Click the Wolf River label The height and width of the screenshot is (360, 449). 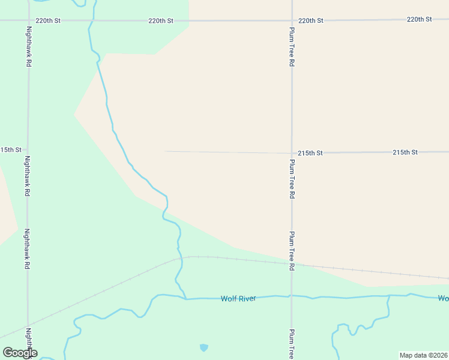[x=238, y=298]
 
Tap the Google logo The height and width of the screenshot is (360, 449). [x=20, y=353]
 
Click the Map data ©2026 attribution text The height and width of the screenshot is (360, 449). [x=423, y=355]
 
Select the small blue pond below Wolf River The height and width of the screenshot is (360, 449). [x=204, y=347]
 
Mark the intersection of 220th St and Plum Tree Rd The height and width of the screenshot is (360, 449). [x=292, y=20]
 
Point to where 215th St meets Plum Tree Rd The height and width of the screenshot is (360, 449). [x=292, y=153]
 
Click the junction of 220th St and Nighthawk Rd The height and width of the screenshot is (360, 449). [x=28, y=20]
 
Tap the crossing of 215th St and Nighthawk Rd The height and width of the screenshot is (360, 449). [x=28, y=149]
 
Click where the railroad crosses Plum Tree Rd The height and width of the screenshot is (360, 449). [x=292, y=264]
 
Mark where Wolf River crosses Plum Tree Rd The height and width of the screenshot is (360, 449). [x=292, y=296]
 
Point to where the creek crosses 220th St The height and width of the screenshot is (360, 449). [x=91, y=20]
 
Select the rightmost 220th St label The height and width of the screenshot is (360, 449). [x=419, y=19]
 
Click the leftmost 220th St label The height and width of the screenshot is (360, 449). [x=48, y=20]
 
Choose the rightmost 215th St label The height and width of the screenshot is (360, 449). [x=405, y=152]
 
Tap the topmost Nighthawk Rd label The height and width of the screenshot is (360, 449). [x=28, y=46]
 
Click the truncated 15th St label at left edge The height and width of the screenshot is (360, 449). [x=11, y=149]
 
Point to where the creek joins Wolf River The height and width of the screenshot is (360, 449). [x=185, y=298]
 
